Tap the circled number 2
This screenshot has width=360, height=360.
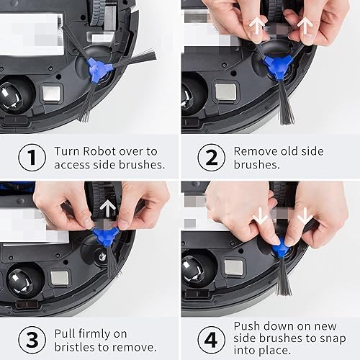pos(210,158)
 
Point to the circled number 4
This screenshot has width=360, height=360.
pos(210,338)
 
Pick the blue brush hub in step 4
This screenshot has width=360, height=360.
pos(279,249)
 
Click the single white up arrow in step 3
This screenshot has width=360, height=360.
pos(108,210)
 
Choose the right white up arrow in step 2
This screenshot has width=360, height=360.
pos(305,27)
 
